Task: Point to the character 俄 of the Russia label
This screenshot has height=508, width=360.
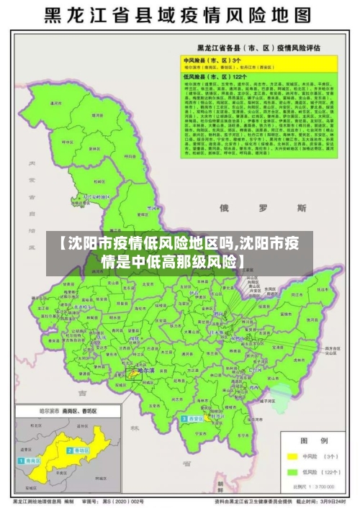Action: (225, 209)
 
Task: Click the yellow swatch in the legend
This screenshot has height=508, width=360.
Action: (292, 455)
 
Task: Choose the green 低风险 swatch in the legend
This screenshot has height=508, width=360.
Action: (292, 472)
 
